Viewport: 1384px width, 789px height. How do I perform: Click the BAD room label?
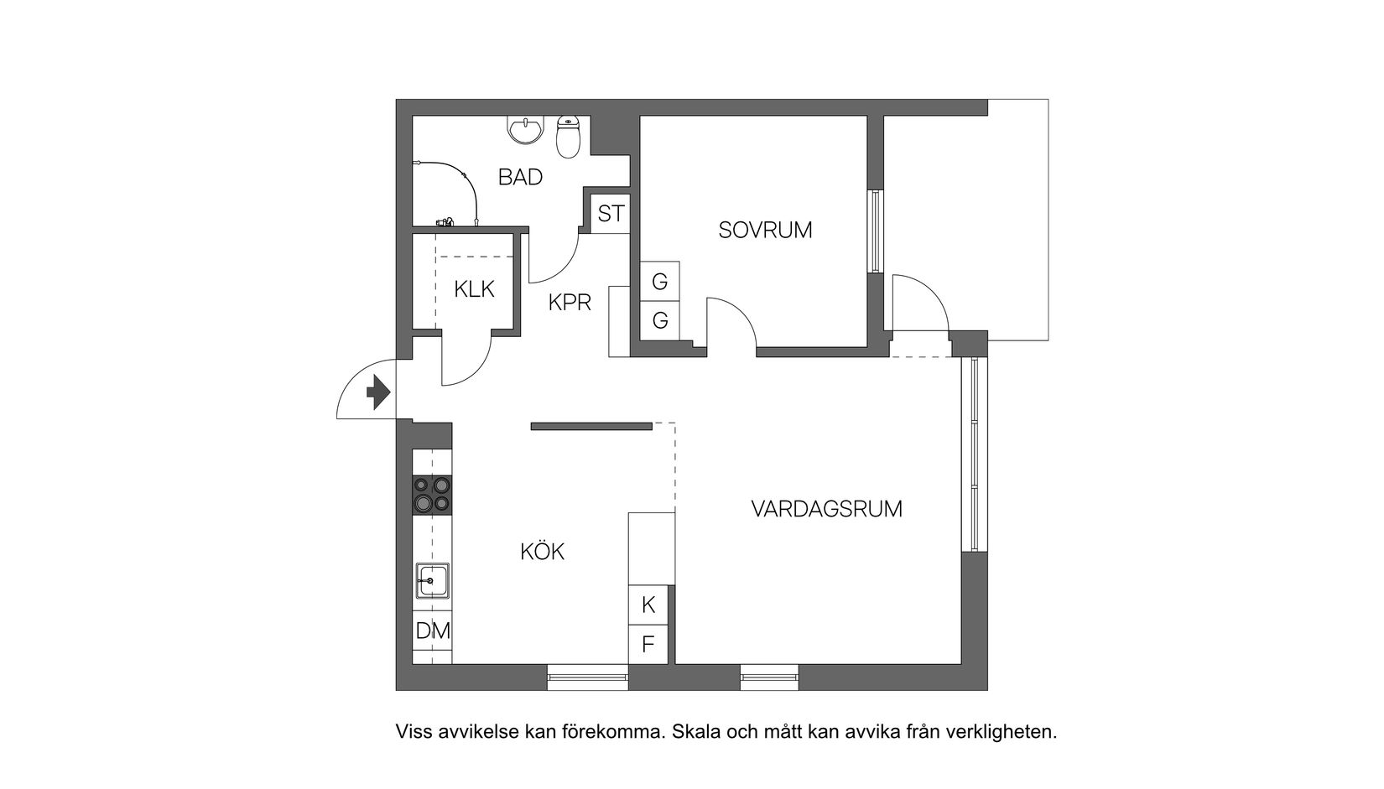pyautogui.click(x=520, y=177)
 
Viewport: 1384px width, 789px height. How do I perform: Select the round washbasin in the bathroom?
pyautogui.click(x=526, y=130)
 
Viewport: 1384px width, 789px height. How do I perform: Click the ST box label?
pyautogui.click(x=611, y=214)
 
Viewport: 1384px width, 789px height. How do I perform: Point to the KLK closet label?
pyautogui.click(x=474, y=289)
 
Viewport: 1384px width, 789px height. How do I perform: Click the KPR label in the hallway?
pyautogui.click(x=570, y=303)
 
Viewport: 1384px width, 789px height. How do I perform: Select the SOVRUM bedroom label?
pyautogui.click(x=765, y=230)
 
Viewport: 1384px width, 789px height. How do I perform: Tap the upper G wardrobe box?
pyautogui.click(x=659, y=282)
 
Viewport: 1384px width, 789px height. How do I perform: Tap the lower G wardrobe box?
pyautogui.click(x=659, y=320)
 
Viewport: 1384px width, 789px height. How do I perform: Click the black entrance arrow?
pyautogui.click(x=379, y=392)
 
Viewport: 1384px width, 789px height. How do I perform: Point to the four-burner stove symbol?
pyautogui.click(x=432, y=494)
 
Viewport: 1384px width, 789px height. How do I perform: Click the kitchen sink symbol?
pyautogui.click(x=433, y=580)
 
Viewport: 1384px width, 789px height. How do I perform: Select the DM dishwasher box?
pyautogui.click(x=433, y=631)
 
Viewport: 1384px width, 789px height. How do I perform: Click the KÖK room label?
pyautogui.click(x=542, y=552)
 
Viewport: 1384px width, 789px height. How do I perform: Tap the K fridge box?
pyautogui.click(x=648, y=605)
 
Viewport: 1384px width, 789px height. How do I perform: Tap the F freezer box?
pyautogui.click(x=648, y=644)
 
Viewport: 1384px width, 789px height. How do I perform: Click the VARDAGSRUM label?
pyautogui.click(x=826, y=509)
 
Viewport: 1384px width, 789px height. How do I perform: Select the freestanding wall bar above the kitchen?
pyautogui.click(x=591, y=426)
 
